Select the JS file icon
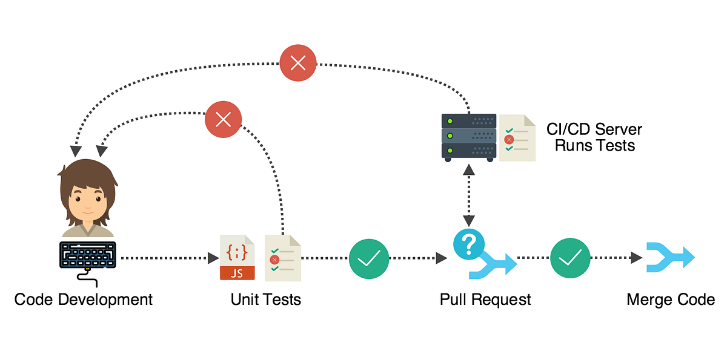tap(237, 258)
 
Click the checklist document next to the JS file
tap(282, 258)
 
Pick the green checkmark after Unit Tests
tap(369, 258)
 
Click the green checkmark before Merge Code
tap(570, 258)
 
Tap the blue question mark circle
tap(468, 244)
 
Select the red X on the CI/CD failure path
tap(298, 63)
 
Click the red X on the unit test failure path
tap(224, 119)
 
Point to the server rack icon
tap(468, 136)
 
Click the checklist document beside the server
tap(517, 138)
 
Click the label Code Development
tap(84, 299)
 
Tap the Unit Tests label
tap(266, 299)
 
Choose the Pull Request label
tap(485, 299)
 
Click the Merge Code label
tap(671, 299)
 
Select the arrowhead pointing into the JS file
tap(213, 258)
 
